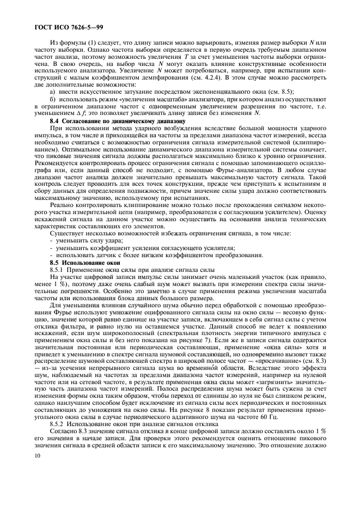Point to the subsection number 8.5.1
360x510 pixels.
tap(58, 270)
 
